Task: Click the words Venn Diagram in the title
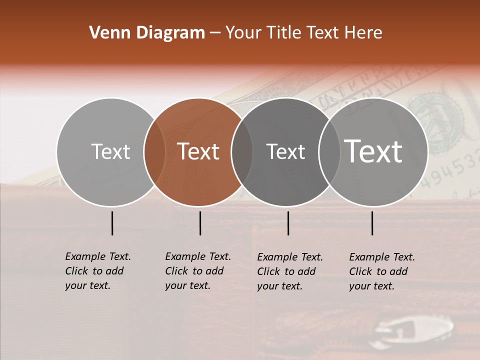[x=147, y=33]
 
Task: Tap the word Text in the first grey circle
[x=110, y=151]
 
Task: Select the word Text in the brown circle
[x=198, y=151]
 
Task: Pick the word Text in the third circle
[x=285, y=151]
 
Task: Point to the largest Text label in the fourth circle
[x=373, y=151]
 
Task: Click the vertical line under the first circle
[x=112, y=223]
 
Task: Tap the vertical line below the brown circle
[x=200, y=223]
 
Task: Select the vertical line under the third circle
[x=288, y=223]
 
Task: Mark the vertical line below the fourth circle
[x=372, y=223]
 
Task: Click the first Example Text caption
[x=98, y=271]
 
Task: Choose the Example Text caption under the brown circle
[x=198, y=271]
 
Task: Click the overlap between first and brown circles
[x=154, y=152]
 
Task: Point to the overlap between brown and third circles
[x=241, y=152]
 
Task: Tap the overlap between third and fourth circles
[x=328, y=152]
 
